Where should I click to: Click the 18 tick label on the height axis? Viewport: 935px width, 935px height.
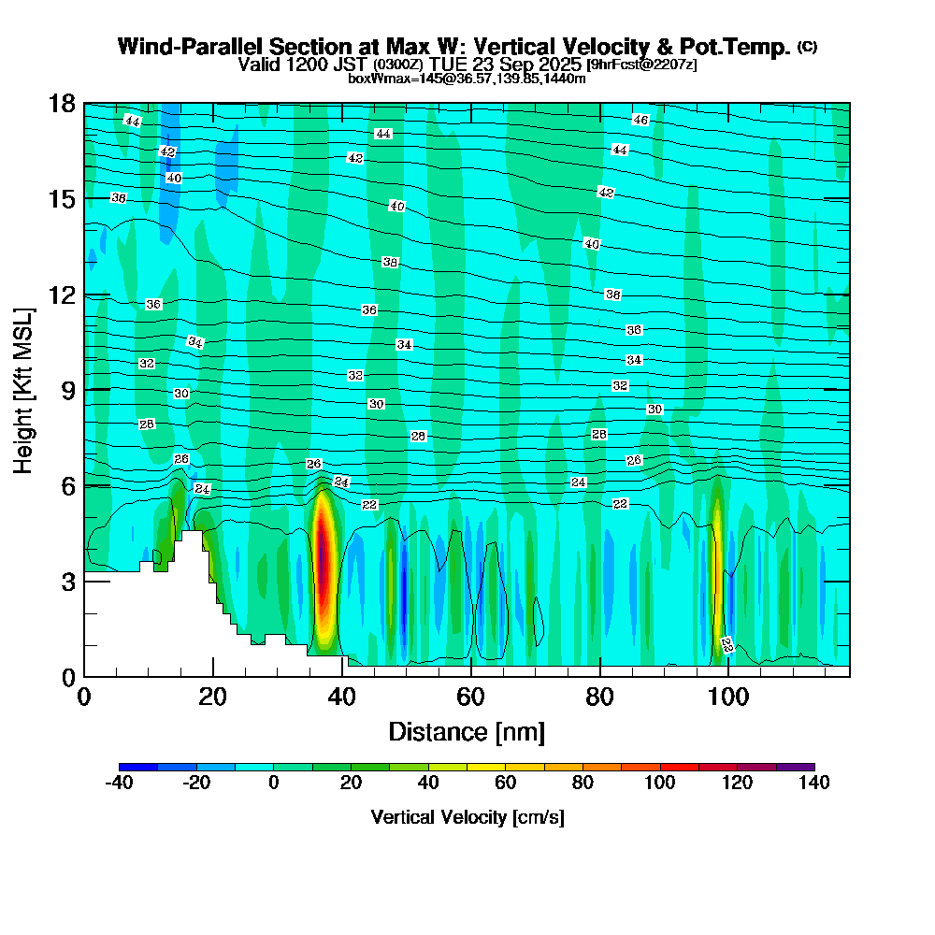pos(62,104)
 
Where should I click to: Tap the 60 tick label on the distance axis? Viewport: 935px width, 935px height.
pos(470,697)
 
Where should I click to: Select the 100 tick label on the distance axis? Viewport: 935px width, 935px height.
pos(728,697)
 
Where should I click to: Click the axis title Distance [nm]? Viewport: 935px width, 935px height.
pos(467,731)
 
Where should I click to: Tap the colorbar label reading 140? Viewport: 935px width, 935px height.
pos(814,783)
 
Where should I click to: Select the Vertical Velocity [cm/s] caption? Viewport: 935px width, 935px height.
pos(467,817)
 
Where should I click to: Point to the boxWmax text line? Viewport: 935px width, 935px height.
pos(467,79)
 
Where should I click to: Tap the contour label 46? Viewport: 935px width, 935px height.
pos(640,120)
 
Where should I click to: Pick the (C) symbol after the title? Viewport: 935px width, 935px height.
pos(808,47)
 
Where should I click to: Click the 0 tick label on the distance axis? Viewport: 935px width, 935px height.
pos(84,697)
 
